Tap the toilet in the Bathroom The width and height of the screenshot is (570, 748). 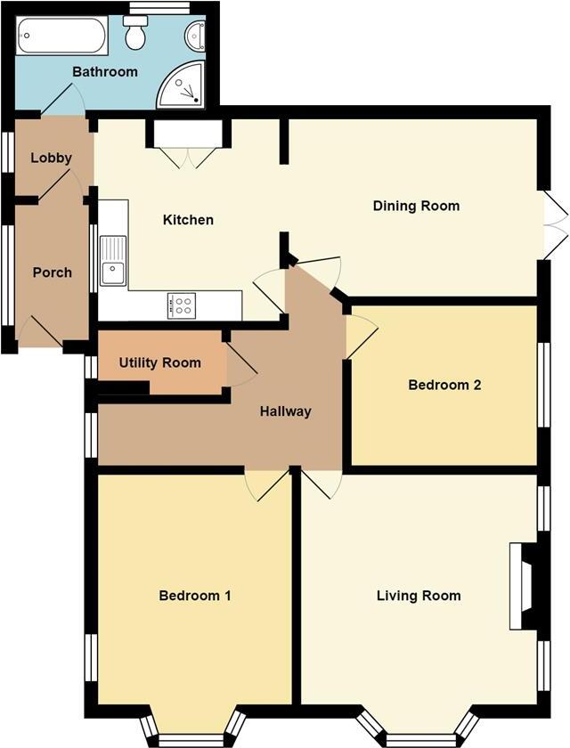[x=136, y=35]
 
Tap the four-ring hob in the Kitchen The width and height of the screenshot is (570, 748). [x=181, y=305]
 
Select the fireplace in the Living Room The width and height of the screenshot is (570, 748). [x=524, y=587]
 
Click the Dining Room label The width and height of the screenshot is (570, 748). [x=416, y=206]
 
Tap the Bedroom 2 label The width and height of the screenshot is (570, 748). [x=444, y=385]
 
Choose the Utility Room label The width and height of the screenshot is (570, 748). [x=160, y=362]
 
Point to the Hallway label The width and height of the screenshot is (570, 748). [x=285, y=411]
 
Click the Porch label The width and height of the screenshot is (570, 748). [x=52, y=272]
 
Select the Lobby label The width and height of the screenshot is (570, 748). [x=51, y=158]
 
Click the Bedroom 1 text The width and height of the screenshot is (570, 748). [x=195, y=595]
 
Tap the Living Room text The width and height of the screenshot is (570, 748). [x=419, y=595]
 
